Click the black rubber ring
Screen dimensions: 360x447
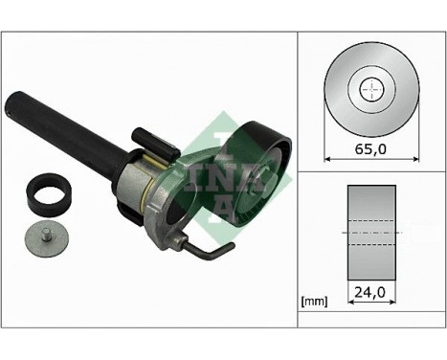(49, 194)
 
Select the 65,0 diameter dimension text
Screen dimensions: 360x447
(369, 149)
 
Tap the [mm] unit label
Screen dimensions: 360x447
(314, 302)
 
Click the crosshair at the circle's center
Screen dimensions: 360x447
(369, 90)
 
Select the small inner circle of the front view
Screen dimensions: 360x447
(369, 90)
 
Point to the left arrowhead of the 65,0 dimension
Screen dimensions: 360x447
(329, 159)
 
